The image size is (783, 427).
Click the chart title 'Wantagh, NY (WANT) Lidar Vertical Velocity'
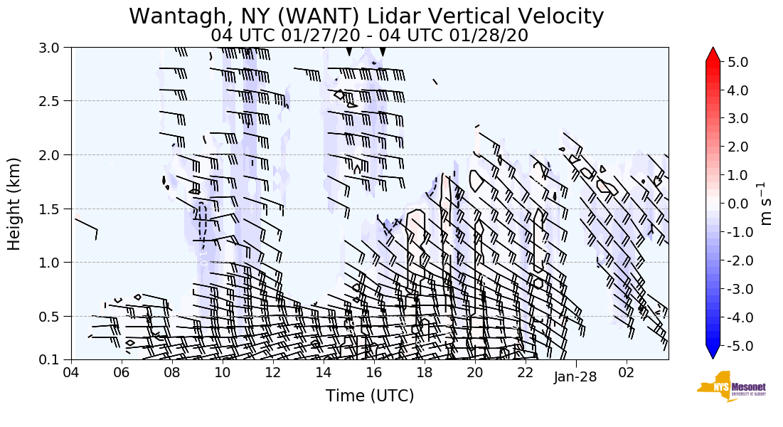366,16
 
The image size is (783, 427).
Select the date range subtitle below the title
369,35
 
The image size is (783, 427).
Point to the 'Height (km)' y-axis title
14,204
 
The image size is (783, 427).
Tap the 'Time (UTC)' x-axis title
369,396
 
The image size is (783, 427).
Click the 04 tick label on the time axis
71,373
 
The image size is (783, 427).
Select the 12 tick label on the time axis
273,373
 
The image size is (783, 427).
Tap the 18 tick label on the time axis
425,373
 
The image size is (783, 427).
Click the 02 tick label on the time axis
627,373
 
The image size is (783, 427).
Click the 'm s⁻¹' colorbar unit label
767,204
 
